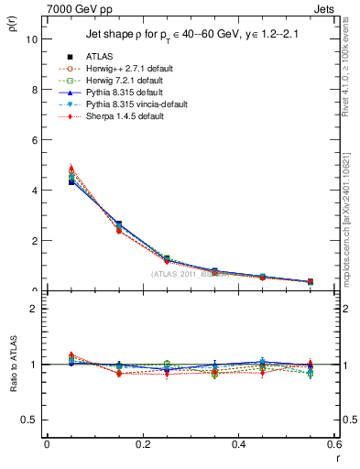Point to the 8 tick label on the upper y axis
(33, 90)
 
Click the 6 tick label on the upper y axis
(33, 140)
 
